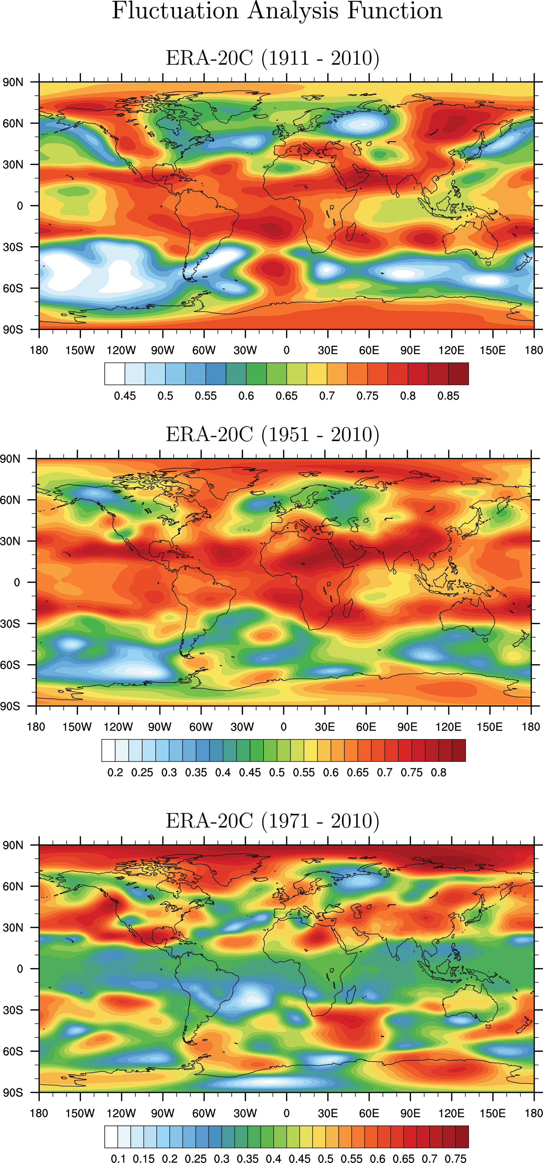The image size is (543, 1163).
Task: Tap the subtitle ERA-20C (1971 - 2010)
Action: point(272,821)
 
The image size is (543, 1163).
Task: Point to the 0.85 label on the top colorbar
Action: point(448,396)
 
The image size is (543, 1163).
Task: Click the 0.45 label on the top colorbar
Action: point(125,396)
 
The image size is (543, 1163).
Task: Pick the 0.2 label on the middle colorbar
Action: point(115,773)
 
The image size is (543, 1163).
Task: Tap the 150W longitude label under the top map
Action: point(80,350)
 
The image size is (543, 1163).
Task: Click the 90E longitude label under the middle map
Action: point(407,727)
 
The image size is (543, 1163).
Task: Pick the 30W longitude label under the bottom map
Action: point(245,1113)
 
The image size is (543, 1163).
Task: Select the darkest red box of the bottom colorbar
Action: point(462,1137)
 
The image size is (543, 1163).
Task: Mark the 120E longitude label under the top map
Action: point(451,350)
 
